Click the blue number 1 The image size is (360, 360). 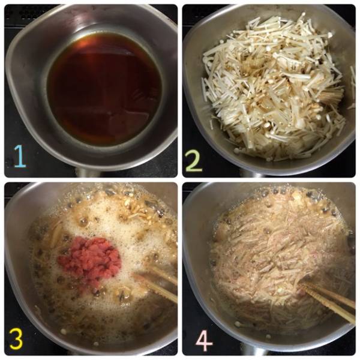(x=20, y=156)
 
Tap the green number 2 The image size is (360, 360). (x=194, y=160)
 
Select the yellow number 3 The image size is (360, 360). (x=16, y=340)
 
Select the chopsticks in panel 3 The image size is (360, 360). (x=156, y=284)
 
